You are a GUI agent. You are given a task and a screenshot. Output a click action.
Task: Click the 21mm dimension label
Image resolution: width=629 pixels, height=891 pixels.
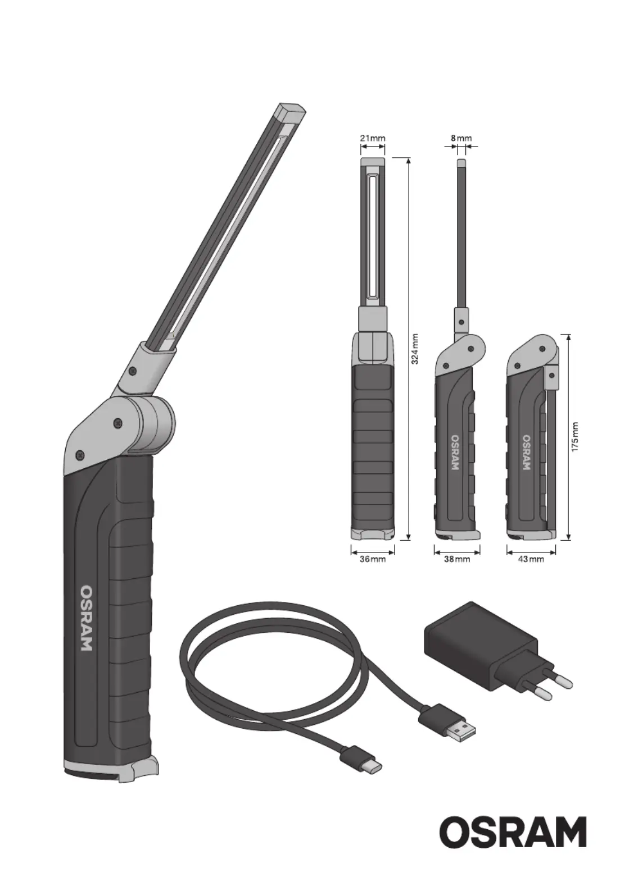click(373, 139)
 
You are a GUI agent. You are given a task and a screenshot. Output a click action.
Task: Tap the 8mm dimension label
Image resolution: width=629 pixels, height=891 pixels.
click(461, 139)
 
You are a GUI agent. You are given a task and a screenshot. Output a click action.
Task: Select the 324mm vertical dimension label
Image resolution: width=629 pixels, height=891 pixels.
click(415, 349)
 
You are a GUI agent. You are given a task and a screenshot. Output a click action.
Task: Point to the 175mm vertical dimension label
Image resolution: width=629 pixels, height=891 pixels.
click(575, 436)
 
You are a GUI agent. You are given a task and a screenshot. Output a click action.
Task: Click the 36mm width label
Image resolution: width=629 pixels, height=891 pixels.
click(373, 559)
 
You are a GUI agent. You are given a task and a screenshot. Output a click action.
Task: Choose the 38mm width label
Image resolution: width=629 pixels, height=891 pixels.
click(457, 559)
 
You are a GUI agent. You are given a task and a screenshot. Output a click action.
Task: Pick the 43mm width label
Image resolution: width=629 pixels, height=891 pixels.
click(531, 559)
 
